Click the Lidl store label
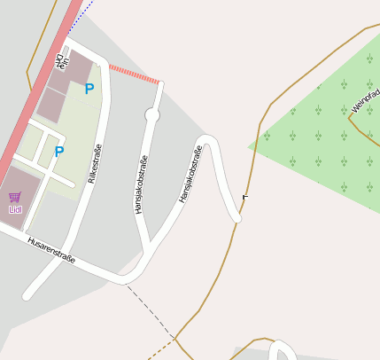click(15, 209)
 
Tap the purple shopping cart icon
click(14, 197)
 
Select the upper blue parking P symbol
click(89, 89)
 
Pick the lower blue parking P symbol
click(59, 152)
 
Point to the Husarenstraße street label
click(51, 251)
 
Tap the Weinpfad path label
click(365, 99)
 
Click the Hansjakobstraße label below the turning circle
click(140, 184)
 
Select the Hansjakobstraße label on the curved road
click(190, 173)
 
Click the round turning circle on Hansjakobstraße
click(152, 115)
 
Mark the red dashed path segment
click(134, 74)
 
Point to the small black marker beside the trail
click(245, 196)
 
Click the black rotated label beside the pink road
click(60, 62)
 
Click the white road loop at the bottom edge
click(281, 350)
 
